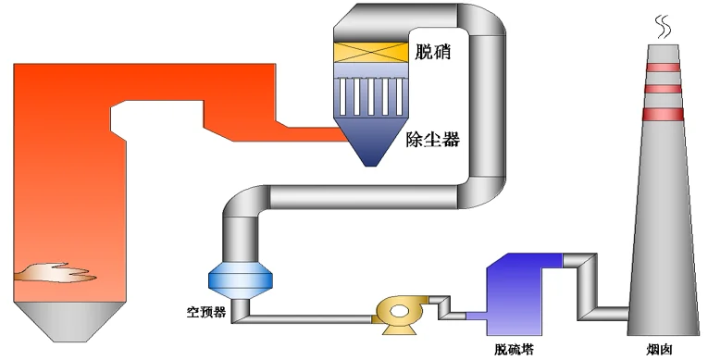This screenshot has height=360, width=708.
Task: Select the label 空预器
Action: [x=206, y=311]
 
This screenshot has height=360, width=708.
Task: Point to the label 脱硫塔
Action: [x=514, y=351]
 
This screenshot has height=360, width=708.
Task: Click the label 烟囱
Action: [x=660, y=351]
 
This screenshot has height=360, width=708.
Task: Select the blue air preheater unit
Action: [x=242, y=277]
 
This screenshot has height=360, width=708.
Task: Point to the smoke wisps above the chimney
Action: [x=662, y=25]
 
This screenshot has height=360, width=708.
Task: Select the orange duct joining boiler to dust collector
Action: [x=278, y=125]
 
